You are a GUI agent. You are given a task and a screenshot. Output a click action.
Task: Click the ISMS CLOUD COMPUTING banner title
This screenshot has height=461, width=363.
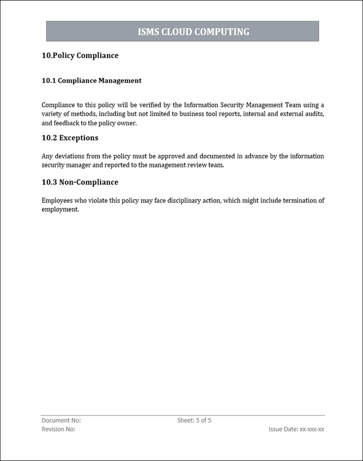(194, 32)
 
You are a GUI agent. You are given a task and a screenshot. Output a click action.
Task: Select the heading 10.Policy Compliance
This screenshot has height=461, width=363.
(80, 55)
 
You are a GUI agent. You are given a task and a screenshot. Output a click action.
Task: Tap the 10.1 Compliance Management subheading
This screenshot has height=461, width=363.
(92, 80)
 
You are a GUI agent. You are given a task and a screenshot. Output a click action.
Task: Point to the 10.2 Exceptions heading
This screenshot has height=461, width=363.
(70, 138)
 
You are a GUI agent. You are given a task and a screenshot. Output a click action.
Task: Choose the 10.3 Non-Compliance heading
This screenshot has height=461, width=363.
(80, 182)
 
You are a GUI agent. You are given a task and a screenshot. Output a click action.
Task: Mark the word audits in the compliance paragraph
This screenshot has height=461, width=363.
(313, 114)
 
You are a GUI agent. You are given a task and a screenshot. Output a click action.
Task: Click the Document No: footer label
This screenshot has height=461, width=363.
(61, 420)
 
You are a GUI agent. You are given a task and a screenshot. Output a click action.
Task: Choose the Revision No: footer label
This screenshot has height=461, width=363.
(58, 429)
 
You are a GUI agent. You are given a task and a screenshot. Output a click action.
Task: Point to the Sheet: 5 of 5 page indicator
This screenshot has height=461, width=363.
(194, 420)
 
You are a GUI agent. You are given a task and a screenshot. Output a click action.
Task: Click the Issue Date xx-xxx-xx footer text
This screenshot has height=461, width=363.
(296, 429)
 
